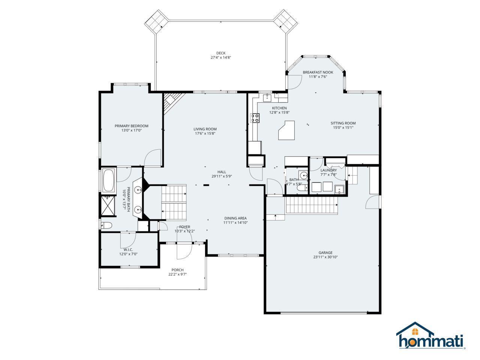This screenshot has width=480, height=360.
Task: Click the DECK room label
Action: click(x=220, y=53)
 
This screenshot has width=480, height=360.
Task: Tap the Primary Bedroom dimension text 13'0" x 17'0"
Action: click(x=132, y=130)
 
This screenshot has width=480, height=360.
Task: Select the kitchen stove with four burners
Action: click(x=255, y=118)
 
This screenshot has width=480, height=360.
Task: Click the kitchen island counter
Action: click(x=287, y=130)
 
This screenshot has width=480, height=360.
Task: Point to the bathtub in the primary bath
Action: click(x=108, y=180)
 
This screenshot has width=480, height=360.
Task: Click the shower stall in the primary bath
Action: click(x=108, y=206)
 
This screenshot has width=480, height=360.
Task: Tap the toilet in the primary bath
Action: click(x=106, y=225)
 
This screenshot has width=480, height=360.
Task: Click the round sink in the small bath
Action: click(x=304, y=175)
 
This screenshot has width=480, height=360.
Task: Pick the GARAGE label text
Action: click(x=325, y=252)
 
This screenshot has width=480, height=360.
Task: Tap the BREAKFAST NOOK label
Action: click(x=318, y=72)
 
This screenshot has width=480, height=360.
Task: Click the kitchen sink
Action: click(x=267, y=98)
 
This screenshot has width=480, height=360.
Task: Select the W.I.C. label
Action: click(x=128, y=250)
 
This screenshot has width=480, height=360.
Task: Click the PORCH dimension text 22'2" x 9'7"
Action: click(x=178, y=274)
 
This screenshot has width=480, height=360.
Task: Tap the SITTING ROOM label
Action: click(x=343, y=123)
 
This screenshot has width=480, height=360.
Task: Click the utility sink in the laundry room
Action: click(x=339, y=189)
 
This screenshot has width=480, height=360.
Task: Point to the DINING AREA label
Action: click(x=235, y=218)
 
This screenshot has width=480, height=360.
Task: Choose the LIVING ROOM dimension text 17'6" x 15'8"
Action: click(x=205, y=133)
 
